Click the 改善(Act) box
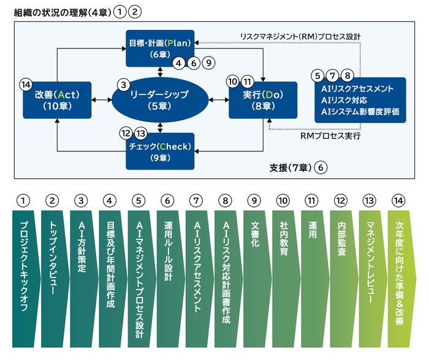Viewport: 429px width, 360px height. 57,100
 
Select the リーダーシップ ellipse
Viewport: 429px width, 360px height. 159,100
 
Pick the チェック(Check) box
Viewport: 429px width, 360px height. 160,151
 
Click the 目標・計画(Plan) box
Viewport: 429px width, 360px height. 160,48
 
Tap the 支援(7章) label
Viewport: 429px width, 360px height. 290,167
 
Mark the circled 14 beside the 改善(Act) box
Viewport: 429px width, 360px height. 25,82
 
